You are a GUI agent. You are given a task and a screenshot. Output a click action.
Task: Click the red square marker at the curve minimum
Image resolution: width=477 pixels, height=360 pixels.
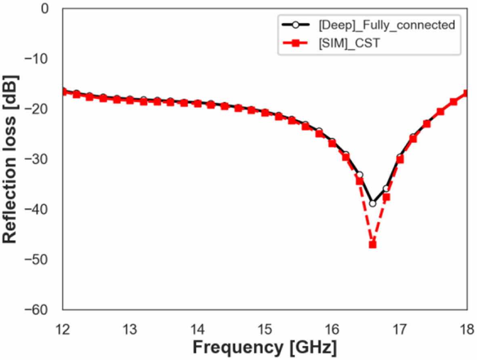click(372, 244)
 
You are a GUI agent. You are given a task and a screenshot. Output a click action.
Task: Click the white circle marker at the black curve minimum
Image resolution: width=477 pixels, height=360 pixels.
click(372, 203)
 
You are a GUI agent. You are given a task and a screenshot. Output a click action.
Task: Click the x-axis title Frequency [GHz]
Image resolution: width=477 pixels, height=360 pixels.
click(265, 347)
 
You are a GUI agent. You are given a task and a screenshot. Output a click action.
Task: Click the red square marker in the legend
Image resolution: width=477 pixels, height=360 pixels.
click(295, 43)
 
